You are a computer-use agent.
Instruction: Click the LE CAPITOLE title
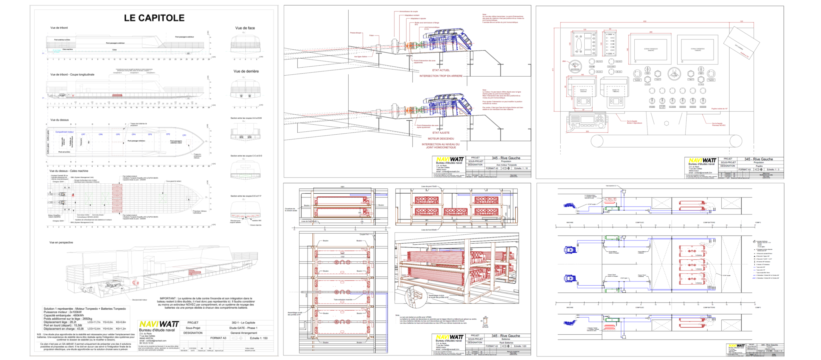click(154, 18)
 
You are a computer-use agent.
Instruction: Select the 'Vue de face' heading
click(245, 28)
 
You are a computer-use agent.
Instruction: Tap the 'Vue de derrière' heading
click(246, 71)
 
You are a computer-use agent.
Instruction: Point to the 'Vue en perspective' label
click(61, 243)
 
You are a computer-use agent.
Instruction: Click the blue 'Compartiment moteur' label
click(64, 132)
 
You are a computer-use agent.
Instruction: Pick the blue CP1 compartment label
click(184, 135)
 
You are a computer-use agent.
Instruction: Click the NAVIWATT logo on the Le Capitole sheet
click(159, 324)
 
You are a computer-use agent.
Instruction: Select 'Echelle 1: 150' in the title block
click(258, 338)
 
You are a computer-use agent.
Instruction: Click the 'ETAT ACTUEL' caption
click(441, 70)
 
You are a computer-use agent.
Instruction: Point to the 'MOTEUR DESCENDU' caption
click(441, 139)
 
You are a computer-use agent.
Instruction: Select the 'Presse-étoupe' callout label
click(356, 33)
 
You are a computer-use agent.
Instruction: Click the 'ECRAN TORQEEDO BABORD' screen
click(651, 50)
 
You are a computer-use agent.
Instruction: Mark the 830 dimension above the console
click(645, 21)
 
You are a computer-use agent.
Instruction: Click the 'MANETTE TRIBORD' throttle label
click(616, 90)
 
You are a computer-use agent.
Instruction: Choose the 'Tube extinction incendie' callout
click(343, 300)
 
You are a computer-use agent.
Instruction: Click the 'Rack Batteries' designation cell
click(506, 343)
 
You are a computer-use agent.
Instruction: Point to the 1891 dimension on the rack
click(342, 187)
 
